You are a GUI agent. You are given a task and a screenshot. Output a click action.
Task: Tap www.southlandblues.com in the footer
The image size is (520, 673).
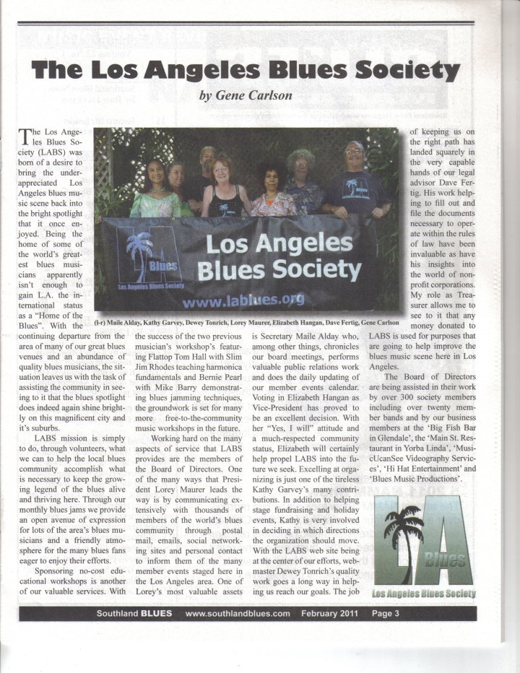(238, 614)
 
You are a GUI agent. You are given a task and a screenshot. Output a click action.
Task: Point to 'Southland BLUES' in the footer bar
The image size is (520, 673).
(134, 614)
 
